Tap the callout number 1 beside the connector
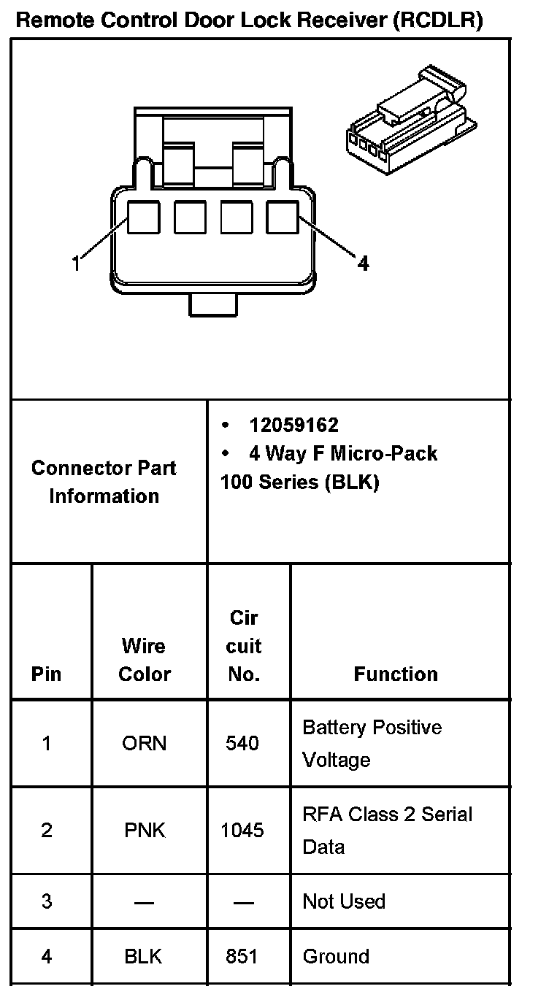coord(77,263)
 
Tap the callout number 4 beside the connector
coord(363,263)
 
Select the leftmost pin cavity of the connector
coord(144,218)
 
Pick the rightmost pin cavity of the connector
coord(283,218)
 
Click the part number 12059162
coord(293,426)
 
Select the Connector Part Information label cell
coord(104,482)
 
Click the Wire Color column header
coord(144,660)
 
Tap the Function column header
coord(396,674)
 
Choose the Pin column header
coord(47,674)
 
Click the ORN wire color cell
coord(144,744)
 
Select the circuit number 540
coord(242,744)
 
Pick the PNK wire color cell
coord(144,831)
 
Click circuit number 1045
coord(242,831)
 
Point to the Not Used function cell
coord(344,901)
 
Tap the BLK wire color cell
coord(144,956)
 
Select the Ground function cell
coord(336,956)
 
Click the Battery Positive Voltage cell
coord(372,744)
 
